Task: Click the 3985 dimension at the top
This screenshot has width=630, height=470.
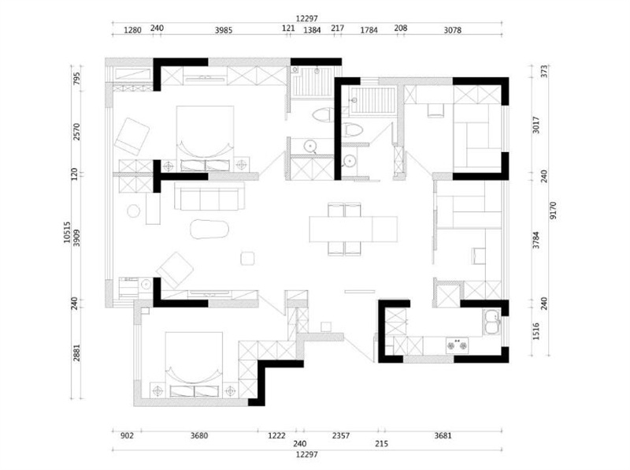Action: coord(224,30)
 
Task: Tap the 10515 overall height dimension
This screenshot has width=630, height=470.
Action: coord(67,232)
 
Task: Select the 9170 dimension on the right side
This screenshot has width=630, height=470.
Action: coord(554,211)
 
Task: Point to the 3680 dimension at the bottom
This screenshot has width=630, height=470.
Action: coord(199,435)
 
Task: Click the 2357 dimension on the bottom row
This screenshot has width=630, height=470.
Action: coord(341,435)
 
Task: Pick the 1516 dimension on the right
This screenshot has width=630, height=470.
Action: coord(536,331)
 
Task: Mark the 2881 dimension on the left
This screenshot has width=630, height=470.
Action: coord(76,352)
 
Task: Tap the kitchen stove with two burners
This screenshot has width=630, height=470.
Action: coord(458,345)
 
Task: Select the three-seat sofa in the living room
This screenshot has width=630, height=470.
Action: coord(209,196)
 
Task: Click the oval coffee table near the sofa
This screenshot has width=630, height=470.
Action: coord(209,229)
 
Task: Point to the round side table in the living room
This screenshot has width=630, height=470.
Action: coord(133,211)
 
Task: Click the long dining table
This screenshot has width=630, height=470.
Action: coord(353,229)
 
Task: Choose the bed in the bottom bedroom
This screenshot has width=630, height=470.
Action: coord(194,365)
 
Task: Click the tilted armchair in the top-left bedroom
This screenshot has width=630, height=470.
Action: coord(132,136)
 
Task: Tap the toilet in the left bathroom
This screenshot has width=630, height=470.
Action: coord(323,114)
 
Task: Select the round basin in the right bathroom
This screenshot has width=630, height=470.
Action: coord(349,162)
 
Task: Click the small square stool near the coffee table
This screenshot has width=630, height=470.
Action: coord(247,259)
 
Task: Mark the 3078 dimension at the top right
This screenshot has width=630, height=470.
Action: coord(452,30)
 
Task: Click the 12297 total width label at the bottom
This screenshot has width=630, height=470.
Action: coord(306,454)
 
